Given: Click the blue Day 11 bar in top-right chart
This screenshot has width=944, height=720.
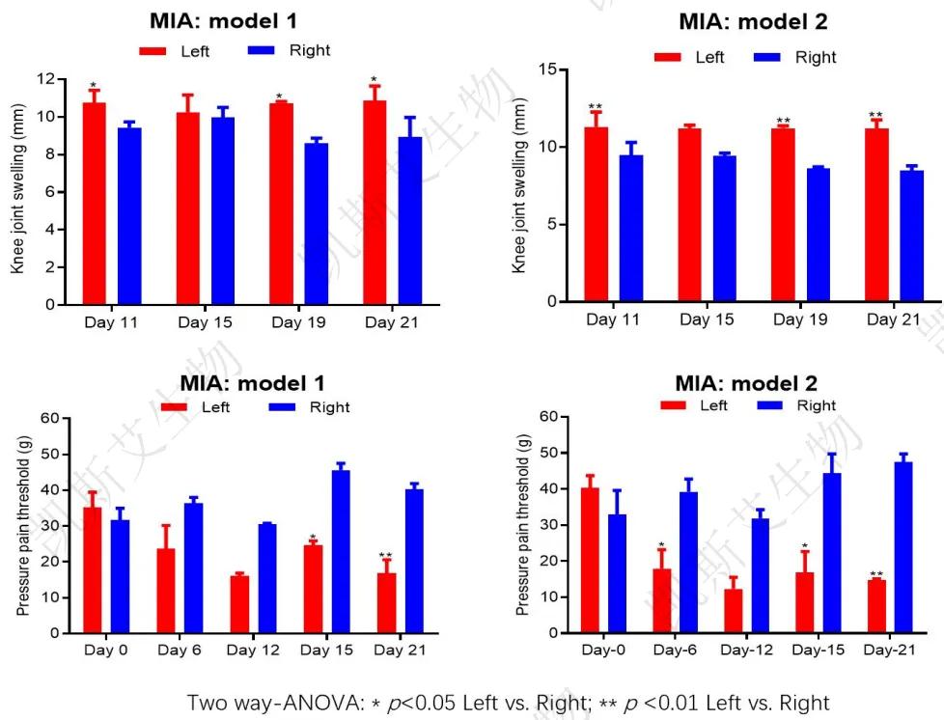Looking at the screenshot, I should (x=631, y=228).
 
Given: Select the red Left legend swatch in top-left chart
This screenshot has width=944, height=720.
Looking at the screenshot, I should (x=153, y=50).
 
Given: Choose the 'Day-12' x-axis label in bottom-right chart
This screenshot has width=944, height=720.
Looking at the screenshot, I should (x=744, y=651).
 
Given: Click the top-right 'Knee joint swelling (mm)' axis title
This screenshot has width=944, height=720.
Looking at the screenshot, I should (x=519, y=183).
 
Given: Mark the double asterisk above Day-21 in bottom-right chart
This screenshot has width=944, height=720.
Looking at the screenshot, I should (x=876, y=575).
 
